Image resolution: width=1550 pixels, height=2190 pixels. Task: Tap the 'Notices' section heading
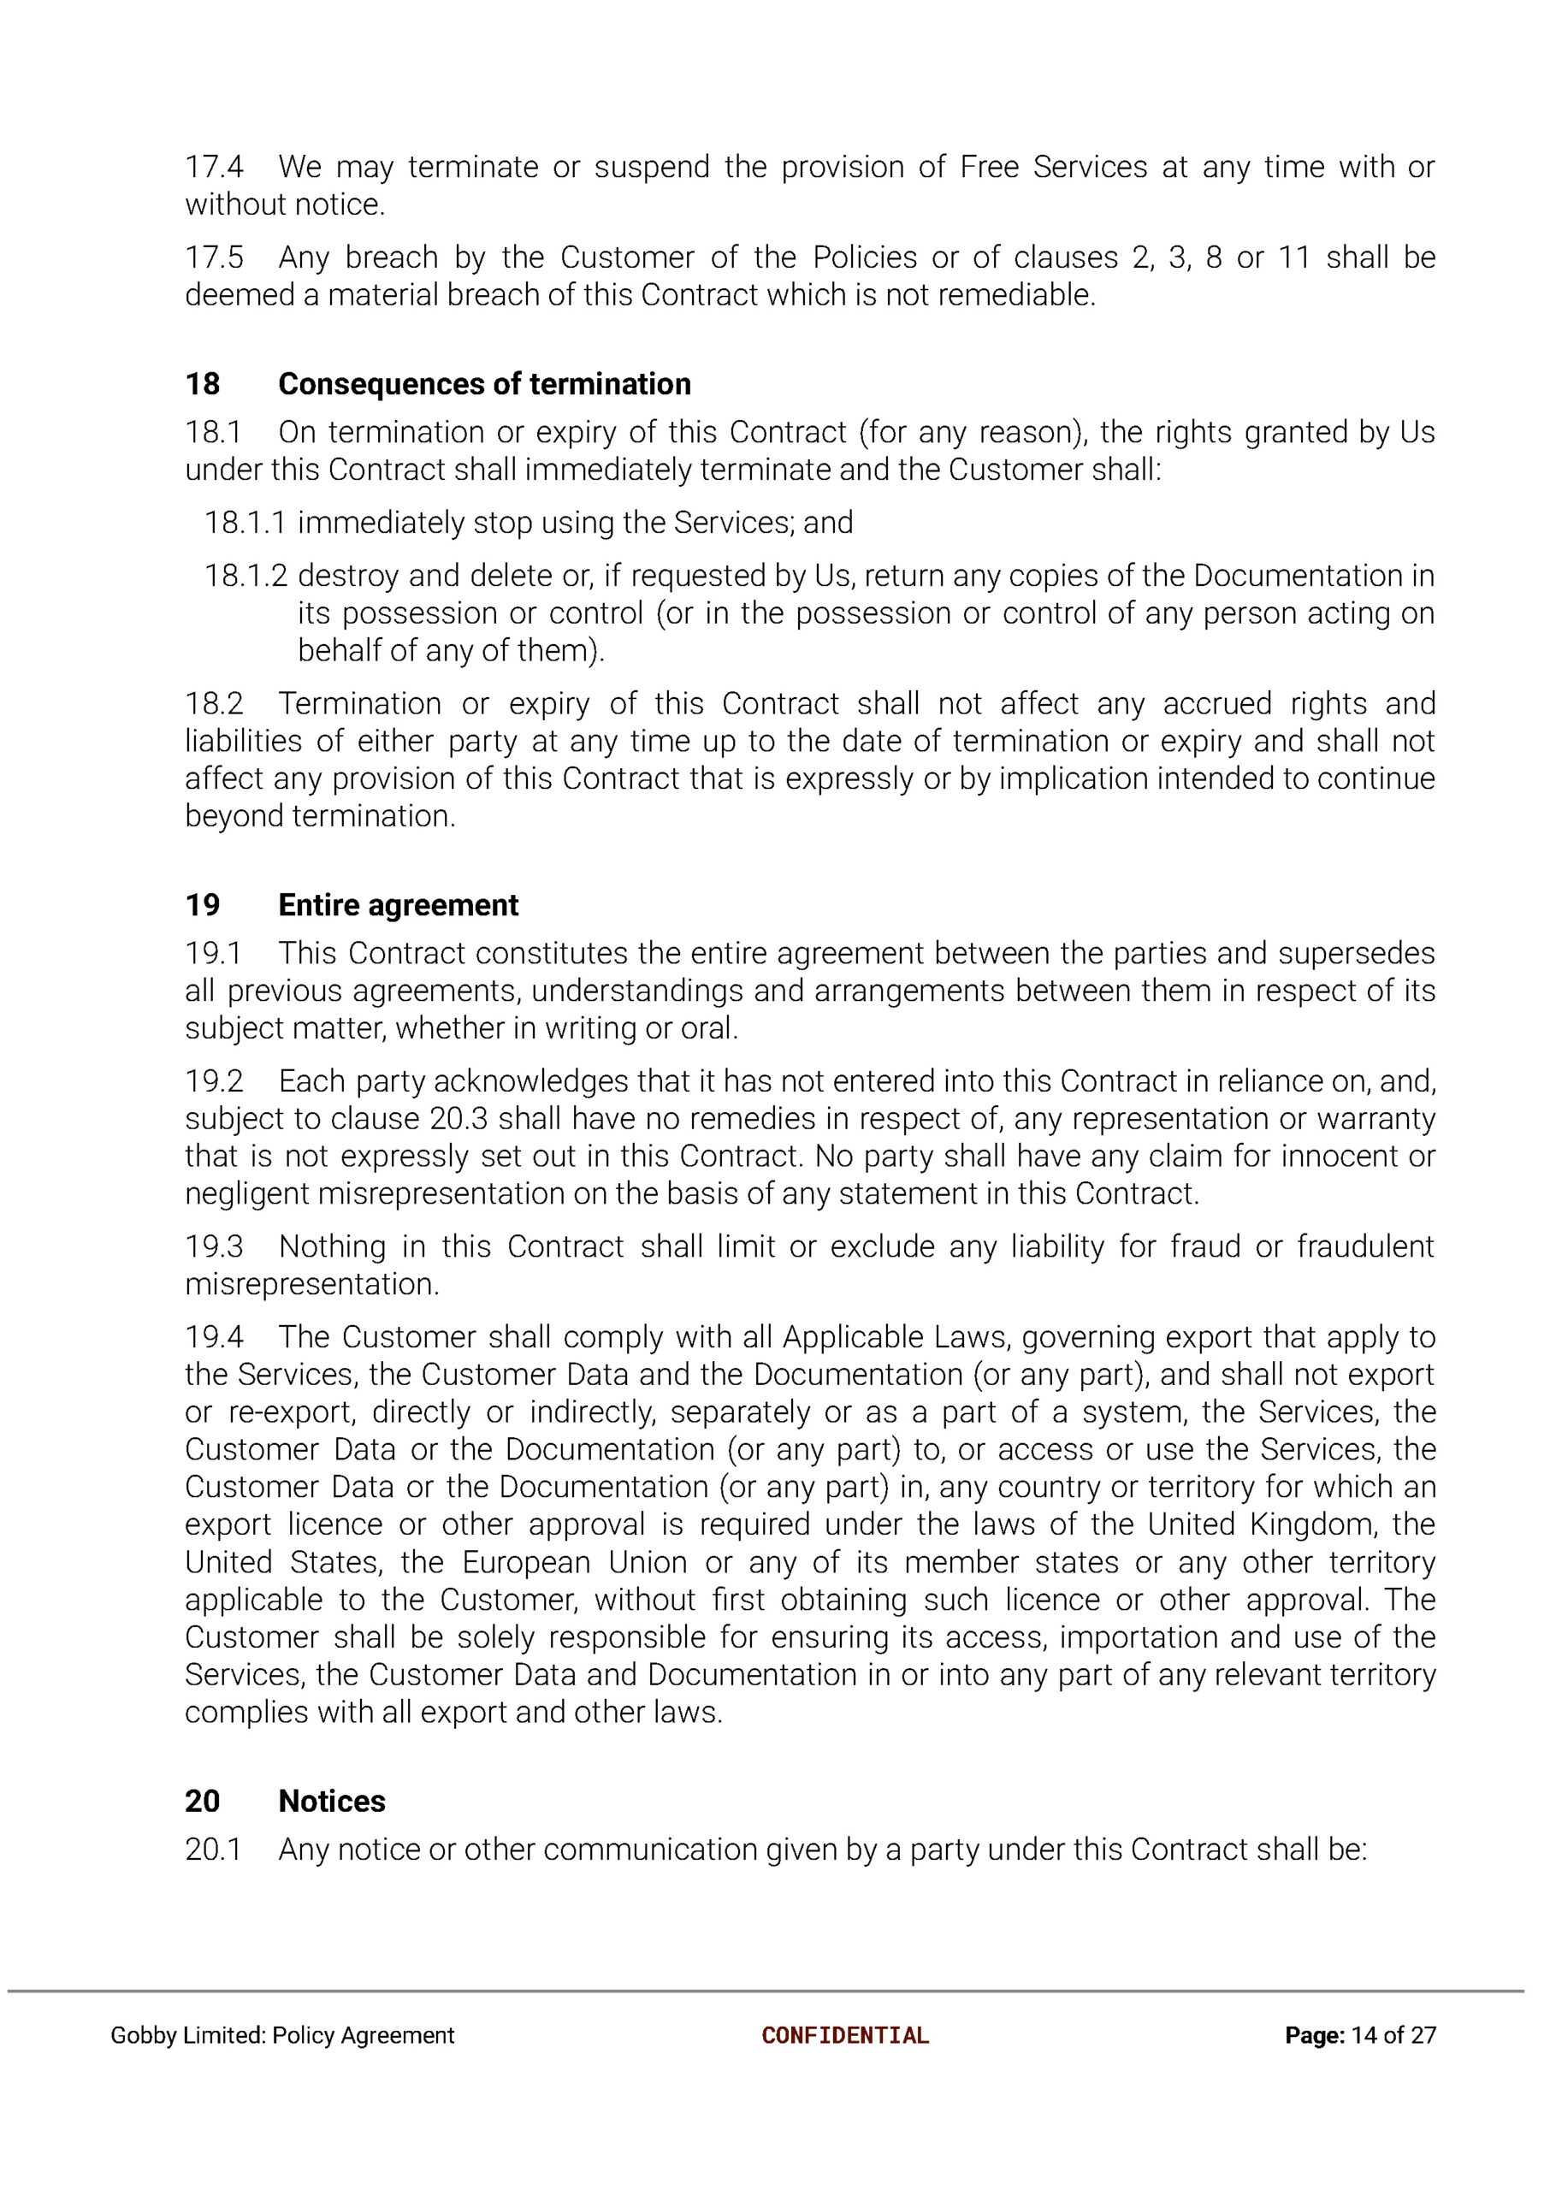coord(331,1801)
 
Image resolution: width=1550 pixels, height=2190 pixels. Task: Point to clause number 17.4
coord(214,167)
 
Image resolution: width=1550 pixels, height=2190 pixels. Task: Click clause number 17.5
coord(214,257)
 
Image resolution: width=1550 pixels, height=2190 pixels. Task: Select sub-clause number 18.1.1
coord(245,523)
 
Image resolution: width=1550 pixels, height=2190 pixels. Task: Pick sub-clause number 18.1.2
coord(245,576)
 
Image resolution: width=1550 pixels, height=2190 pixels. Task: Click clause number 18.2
coord(214,704)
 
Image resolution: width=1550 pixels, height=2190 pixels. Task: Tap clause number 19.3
coord(214,1246)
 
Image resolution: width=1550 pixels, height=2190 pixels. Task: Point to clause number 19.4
coord(214,1337)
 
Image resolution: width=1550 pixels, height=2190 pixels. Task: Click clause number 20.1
coord(214,1850)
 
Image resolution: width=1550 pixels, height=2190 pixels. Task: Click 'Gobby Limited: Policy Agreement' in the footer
coord(282,2035)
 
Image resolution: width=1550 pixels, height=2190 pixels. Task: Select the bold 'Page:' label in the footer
coord(1314,2035)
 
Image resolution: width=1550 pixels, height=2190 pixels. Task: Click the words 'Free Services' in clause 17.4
coord(1053,167)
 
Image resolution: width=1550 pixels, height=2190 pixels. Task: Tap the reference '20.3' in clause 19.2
coord(459,1118)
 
